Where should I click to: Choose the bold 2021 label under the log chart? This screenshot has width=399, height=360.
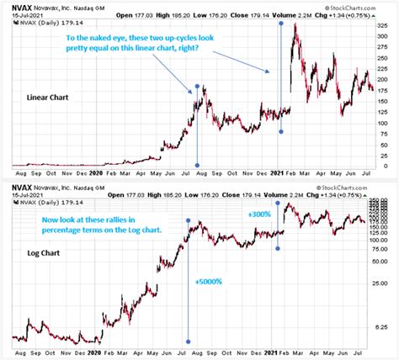(x=278, y=353)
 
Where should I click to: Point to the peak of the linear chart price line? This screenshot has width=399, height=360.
(x=294, y=25)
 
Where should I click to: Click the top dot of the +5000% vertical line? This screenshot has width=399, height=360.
(x=188, y=220)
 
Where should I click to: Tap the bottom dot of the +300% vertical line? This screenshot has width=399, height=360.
(x=279, y=248)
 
